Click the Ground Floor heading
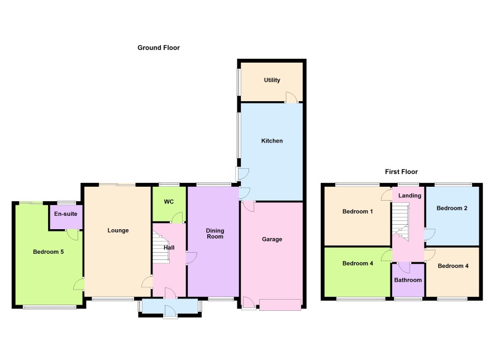coord(159,48)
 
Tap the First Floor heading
coord(401,172)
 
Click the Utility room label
coord(272,80)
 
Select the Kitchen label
coord(272,141)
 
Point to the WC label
coord(169,202)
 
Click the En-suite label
coord(66,214)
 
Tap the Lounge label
coord(118,230)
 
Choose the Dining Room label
coord(215,234)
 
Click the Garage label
coord(272,239)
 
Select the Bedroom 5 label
coord(48,252)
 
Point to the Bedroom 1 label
coord(358,211)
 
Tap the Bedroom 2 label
coord(452,208)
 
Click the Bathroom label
coord(408,280)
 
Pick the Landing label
coord(410,196)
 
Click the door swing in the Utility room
coord(292,97)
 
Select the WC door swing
coord(178,217)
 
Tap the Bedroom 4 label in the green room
coord(358,263)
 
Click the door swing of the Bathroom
coord(404,267)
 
